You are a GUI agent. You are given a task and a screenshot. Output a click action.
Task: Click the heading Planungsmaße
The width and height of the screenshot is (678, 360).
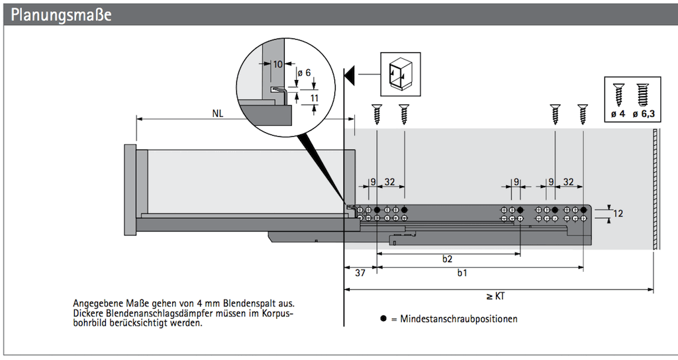(59, 15)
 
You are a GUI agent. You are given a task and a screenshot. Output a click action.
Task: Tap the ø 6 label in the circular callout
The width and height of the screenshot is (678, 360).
(304, 73)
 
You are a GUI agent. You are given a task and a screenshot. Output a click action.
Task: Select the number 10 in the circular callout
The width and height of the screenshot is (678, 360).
(277, 64)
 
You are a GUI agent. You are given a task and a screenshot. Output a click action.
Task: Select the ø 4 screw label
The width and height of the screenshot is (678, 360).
(618, 114)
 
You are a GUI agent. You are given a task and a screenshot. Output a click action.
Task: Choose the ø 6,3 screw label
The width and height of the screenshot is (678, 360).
(644, 114)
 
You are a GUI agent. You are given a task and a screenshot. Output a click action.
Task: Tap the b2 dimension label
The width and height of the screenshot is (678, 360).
(448, 259)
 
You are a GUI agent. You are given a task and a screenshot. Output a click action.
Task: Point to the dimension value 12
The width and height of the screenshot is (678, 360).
(618, 214)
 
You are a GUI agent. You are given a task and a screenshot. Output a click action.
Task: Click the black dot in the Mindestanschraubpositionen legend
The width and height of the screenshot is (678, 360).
(383, 318)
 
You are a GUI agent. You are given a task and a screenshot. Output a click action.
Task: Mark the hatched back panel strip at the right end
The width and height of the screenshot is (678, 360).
(654, 189)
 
